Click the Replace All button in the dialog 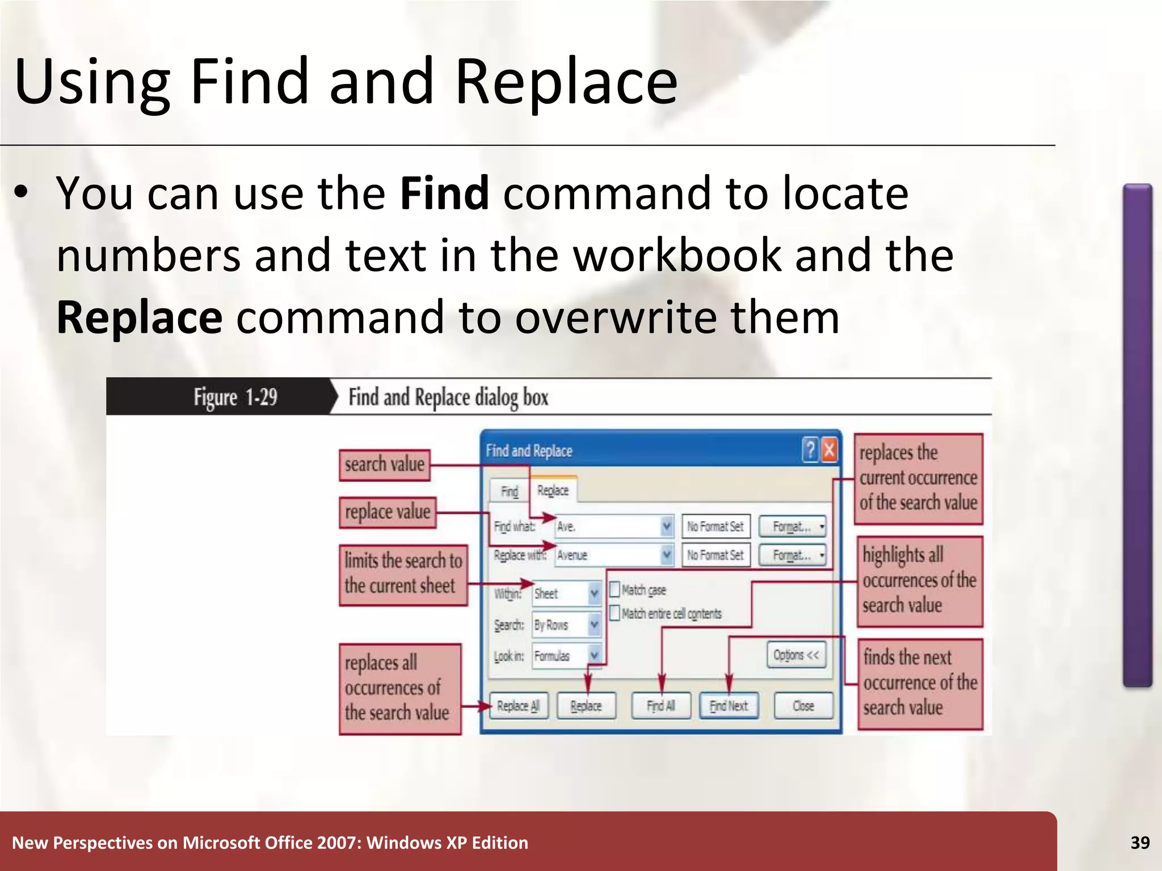pos(519,706)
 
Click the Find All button pos(661,706)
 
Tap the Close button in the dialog pos(803,706)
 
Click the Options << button pos(796,655)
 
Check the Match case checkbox pos(614,590)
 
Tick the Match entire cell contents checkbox pos(614,613)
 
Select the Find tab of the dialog pos(509,491)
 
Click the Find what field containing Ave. pos(607,527)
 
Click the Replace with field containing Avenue pos(607,555)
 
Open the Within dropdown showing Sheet pos(593,594)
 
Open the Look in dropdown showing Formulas pos(593,656)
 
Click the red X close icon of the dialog pos(829,450)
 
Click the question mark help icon pos(810,450)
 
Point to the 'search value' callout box pos(385,465)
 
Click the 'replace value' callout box pos(388,512)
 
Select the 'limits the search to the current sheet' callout pos(403,574)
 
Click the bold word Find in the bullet pos(444,193)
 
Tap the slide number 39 pos(1140,843)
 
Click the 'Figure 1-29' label pos(235,397)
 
